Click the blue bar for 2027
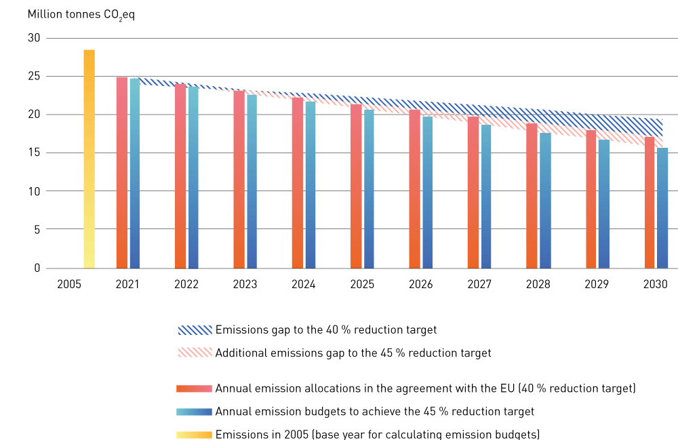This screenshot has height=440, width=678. pos(486,197)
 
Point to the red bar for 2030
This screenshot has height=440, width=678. pos(650,203)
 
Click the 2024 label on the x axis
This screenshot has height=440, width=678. pos(303,285)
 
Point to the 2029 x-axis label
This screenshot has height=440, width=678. pos(597,285)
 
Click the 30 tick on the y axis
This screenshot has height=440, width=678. pos(34,38)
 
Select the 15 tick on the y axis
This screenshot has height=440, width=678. pos(34,153)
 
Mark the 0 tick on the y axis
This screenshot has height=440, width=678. pos(37,268)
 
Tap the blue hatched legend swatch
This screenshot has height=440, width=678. pos(194,330)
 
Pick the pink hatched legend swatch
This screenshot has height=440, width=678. pos(194,353)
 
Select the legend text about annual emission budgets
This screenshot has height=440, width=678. pos(375,412)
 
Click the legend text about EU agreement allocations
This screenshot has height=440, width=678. pos(425,388)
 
